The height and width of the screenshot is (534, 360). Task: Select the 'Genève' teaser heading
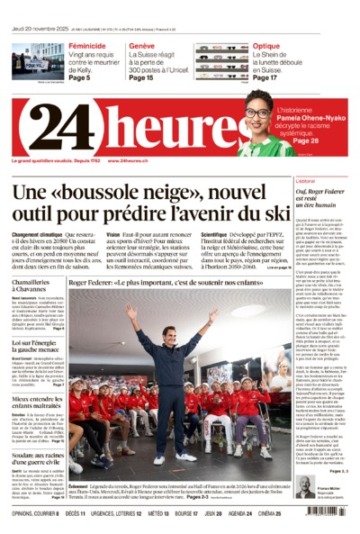(141, 46)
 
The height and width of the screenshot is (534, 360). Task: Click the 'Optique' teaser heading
(265, 46)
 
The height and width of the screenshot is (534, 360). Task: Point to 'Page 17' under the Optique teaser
(265, 78)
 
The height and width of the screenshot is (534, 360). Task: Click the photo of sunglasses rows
(221, 60)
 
